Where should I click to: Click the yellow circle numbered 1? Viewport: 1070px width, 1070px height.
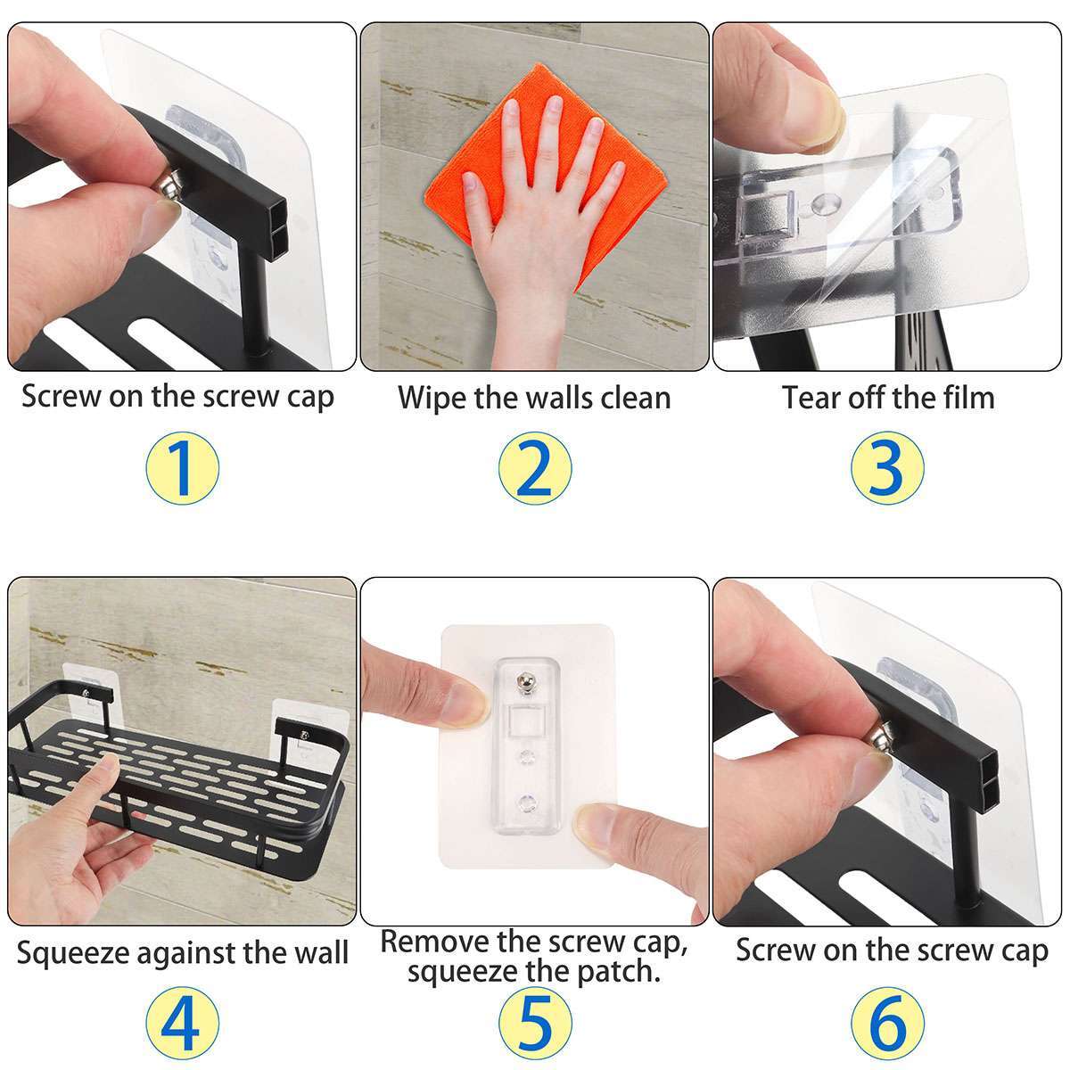(182, 467)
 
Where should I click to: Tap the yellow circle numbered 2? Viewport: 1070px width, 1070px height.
(535, 467)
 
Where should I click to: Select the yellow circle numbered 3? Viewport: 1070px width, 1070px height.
(887, 467)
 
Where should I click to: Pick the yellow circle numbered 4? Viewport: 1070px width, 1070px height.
(182, 1023)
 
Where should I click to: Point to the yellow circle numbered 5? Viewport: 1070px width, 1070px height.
(535, 1023)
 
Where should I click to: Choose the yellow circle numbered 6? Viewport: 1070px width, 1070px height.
(887, 1023)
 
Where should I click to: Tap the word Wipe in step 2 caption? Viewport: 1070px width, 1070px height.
(432, 398)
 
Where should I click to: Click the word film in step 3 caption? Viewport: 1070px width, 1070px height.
(965, 398)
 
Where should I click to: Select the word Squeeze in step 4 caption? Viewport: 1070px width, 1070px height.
(72, 954)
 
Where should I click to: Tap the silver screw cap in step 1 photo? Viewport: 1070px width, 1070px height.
(170, 186)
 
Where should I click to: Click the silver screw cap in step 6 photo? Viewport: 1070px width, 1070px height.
(879, 737)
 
